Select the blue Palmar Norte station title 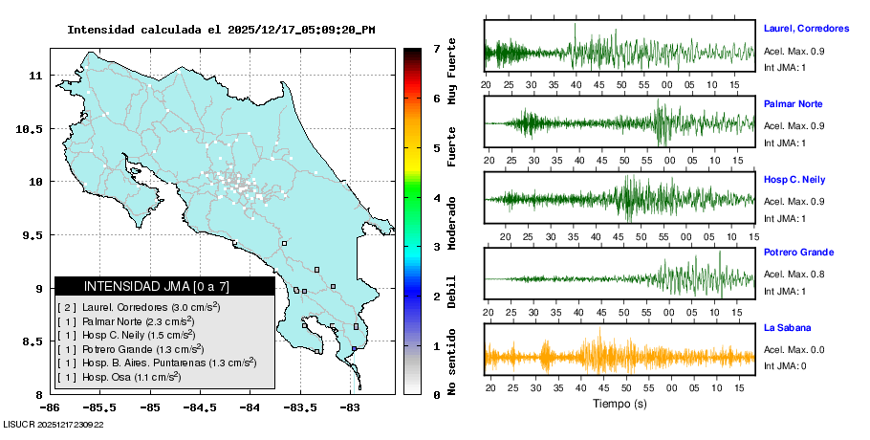pos(793,103)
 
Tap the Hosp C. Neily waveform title pos(794,179)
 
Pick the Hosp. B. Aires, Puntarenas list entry pos(157,363)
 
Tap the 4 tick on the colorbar pos(436,198)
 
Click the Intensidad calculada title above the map pos(221,30)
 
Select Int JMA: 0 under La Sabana pos(785,366)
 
